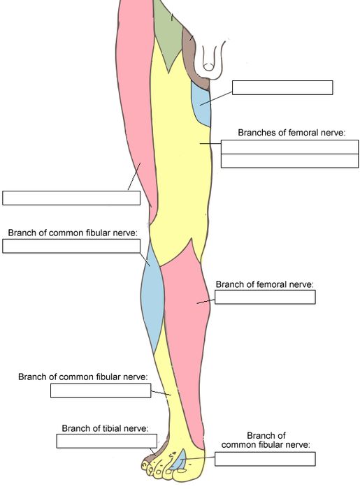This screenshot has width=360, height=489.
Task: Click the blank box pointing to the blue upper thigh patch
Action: tap(282, 87)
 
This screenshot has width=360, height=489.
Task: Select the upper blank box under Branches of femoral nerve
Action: tap(289, 147)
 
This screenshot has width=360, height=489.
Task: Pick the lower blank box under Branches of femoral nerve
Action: tap(289, 161)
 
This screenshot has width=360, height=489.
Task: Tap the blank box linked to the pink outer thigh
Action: tap(71, 198)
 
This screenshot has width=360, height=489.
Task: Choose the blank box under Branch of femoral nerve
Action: tap(265, 297)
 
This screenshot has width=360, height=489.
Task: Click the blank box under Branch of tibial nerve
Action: tap(107, 441)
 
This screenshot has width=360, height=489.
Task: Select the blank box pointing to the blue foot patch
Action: tap(265, 459)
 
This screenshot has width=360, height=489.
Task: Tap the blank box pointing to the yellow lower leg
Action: tap(101, 391)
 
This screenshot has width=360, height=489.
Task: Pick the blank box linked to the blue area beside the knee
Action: tap(71, 246)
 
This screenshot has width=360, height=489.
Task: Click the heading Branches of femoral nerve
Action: tap(291, 133)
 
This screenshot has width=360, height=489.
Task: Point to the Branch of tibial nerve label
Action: tap(105, 428)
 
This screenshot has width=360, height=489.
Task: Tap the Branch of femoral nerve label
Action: tap(264, 284)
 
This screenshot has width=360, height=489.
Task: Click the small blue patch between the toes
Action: tap(180, 460)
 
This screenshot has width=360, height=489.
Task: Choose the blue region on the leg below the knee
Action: tap(153, 300)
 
